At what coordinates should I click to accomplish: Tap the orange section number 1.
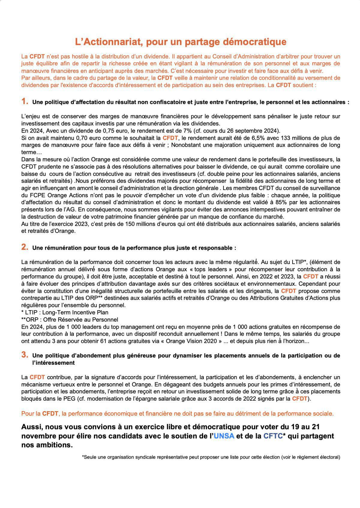pyautogui.click(x=25, y=101)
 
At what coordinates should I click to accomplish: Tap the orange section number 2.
pyautogui.click(x=25, y=247)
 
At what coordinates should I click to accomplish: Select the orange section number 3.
pyautogui.click(x=25, y=355)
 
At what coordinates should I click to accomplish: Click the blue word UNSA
pyautogui.click(x=224, y=436)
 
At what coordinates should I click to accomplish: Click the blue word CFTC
pyautogui.click(x=273, y=436)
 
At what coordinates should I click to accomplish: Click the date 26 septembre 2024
pyautogui.click(x=252, y=131)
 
